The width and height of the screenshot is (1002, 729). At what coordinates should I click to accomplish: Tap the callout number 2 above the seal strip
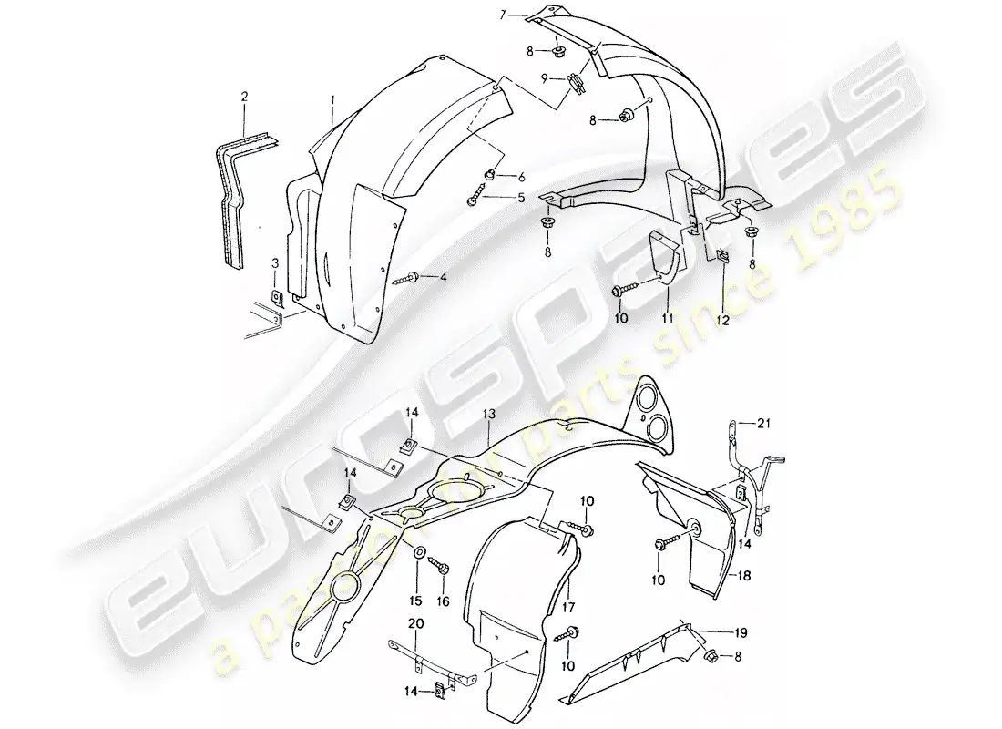pyautogui.click(x=244, y=96)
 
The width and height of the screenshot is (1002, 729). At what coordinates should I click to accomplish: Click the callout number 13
pyautogui.click(x=489, y=414)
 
